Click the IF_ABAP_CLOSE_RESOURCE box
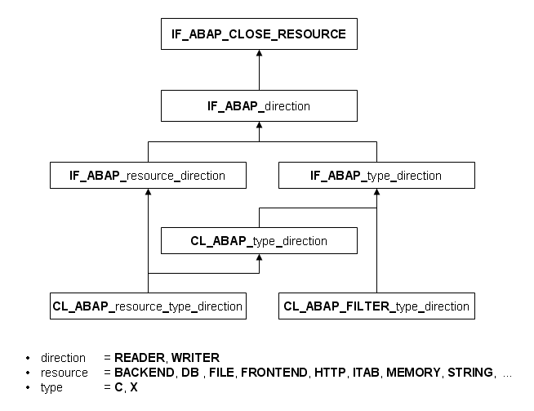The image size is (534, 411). pyautogui.click(x=259, y=35)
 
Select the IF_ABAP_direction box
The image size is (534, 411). pyautogui.click(x=259, y=106)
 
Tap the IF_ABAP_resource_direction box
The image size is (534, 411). pyautogui.click(x=148, y=175)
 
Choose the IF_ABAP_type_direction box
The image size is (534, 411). pyautogui.click(x=376, y=175)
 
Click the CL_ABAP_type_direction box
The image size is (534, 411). pyautogui.click(x=259, y=241)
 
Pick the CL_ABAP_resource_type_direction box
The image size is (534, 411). pyautogui.click(x=148, y=306)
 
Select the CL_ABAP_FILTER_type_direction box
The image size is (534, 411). pyautogui.click(x=376, y=306)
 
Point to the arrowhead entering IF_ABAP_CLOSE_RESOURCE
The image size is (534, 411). pyautogui.click(x=259, y=54)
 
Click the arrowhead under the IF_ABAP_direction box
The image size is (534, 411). pyautogui.click(x=259, y=126)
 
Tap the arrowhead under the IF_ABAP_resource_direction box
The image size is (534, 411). pyautogui.click(x=148, y=193)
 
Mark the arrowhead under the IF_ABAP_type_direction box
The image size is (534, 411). pyautogui.click(x=376, y=193)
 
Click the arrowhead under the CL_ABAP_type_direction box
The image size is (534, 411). pyautogui.click(x=259, y=259)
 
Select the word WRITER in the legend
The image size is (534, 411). pyautogui.click(x=195, y=358)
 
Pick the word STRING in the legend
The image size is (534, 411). pyautogui.click(x=470, y=373)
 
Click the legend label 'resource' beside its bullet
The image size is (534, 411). pyautogui.click(x=65, y=373)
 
